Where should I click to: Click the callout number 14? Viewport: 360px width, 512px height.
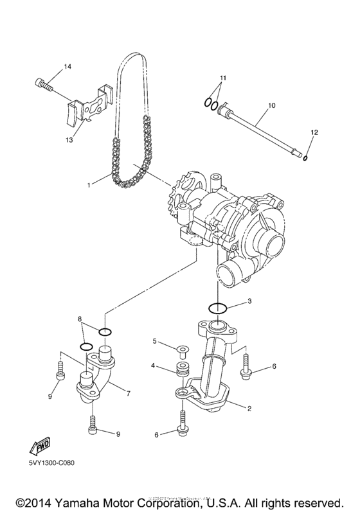[68, 67]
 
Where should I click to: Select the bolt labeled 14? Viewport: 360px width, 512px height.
[43, 83]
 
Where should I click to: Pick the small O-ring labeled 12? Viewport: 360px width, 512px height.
[306, 157]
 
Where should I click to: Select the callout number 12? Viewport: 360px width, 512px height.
[313, 132]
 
